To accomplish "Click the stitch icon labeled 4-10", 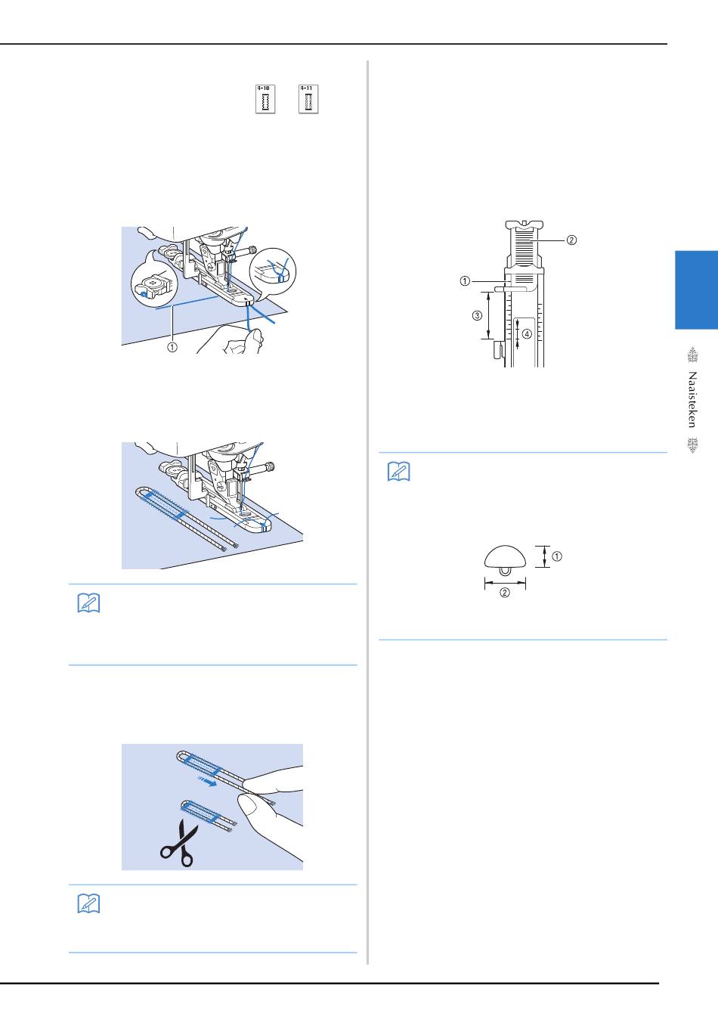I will (x=265, y=99).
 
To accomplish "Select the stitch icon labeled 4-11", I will (x=308, y=99).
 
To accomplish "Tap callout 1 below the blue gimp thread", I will (x=172, y=348).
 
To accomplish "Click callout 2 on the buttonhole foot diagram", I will (x=571, y=240).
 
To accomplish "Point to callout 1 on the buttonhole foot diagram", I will (x=465, y=280).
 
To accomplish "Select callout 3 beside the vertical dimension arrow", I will (x=477, y=315).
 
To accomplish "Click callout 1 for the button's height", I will (x=557, y=556).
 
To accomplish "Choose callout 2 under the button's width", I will (x=505, y=593).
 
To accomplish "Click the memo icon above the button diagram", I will (x=398, y=472).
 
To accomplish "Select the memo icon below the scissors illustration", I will (x=88, y=904).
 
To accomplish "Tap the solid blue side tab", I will (x=695, y=290).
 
